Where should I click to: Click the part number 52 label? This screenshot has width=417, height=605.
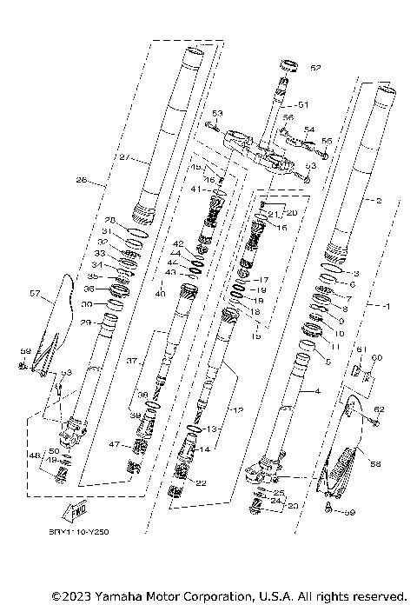tap(315, 67)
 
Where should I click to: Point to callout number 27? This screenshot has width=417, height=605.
tap(124, 158)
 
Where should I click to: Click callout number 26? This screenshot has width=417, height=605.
tap(82, 181)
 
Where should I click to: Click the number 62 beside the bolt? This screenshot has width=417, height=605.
tap(379, 409)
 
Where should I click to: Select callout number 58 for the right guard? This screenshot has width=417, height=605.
tap(375, 464)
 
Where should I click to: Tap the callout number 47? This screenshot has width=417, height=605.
tap(114, 444)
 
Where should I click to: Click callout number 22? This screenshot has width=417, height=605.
tap(201, 482)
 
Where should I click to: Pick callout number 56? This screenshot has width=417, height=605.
tap(288, 117)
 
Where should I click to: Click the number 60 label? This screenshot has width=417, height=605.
tap(377, 357)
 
